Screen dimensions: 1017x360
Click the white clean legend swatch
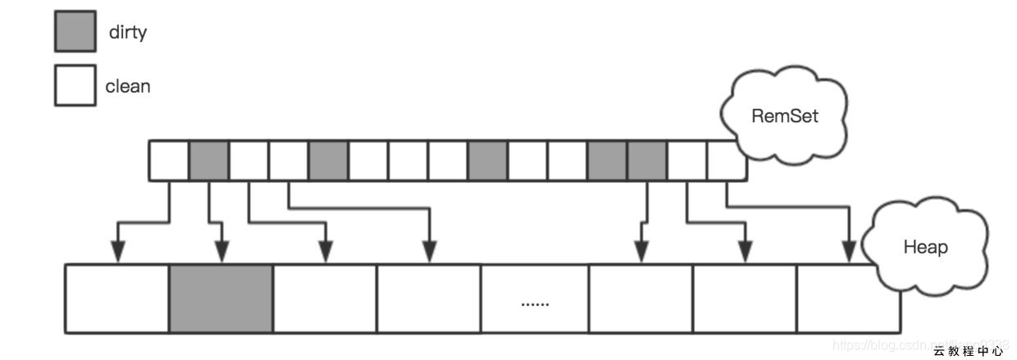[75, 85]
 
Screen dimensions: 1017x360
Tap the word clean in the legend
[128, 86]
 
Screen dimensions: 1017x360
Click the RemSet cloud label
[785, 116]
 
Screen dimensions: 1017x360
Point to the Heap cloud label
[925, 247]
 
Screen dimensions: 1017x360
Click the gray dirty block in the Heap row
[221, 298]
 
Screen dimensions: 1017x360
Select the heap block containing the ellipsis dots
[535, 298]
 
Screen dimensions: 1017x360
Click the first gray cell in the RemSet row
[208, 160]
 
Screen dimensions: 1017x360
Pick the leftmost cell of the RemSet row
[168, 160]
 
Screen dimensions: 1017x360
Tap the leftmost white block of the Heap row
[117, 298]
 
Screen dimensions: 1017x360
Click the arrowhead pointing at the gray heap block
[221, 253]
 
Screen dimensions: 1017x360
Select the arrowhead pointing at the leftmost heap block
[119, 253]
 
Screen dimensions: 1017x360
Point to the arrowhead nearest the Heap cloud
[849, 253]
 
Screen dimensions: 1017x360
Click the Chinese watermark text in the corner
[968, 351]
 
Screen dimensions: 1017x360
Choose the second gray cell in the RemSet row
[328, 160]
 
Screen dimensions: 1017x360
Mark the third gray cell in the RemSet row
[487, 160]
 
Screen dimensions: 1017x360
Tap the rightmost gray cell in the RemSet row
[646, 160]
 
